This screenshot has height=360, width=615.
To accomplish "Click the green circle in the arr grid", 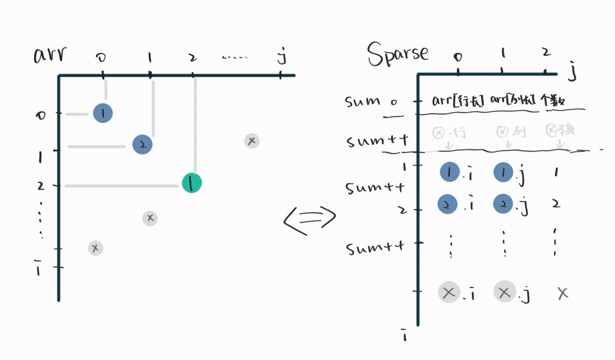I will coord(191,183).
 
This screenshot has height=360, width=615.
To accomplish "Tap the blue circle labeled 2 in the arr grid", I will coord(142,144).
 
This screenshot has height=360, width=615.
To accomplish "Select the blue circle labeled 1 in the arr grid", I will coord(103,113).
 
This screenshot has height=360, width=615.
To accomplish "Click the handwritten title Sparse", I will coord(397,54).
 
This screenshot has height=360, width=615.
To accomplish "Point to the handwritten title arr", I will coord(50,55).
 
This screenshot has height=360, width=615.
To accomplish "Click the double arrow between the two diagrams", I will coord(310,219).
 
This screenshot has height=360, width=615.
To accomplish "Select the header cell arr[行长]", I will coord(458,101).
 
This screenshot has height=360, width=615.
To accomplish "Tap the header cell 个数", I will coord(553,101).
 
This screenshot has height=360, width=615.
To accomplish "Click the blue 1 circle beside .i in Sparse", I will coord(450,172).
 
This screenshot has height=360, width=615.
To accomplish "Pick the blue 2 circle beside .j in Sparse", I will coord(503,204).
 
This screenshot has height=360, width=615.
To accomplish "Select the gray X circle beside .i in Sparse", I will coord(449,292).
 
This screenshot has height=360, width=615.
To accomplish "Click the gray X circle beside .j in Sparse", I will coord(504,292).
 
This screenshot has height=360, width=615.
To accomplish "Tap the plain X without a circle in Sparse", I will coord(563,293).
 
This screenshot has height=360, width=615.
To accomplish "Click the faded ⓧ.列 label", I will coord(510,132).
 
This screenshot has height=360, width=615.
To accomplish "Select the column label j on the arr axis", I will coord(281,56).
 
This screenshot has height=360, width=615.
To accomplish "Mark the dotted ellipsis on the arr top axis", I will coord(234,57).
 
